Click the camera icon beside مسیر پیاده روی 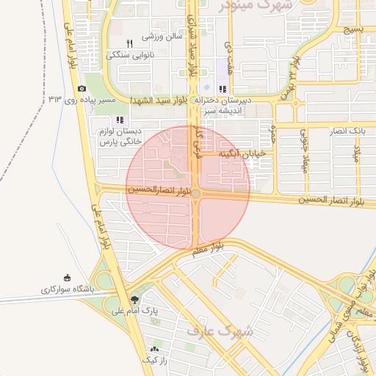[x=82, y=89]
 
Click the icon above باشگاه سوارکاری [x=68, y=278]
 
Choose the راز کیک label [x=154, y=360]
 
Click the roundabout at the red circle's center [x=195, y=193]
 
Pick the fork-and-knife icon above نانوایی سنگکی [x=129, y=43]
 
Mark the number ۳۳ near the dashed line [x=56, y=98]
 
